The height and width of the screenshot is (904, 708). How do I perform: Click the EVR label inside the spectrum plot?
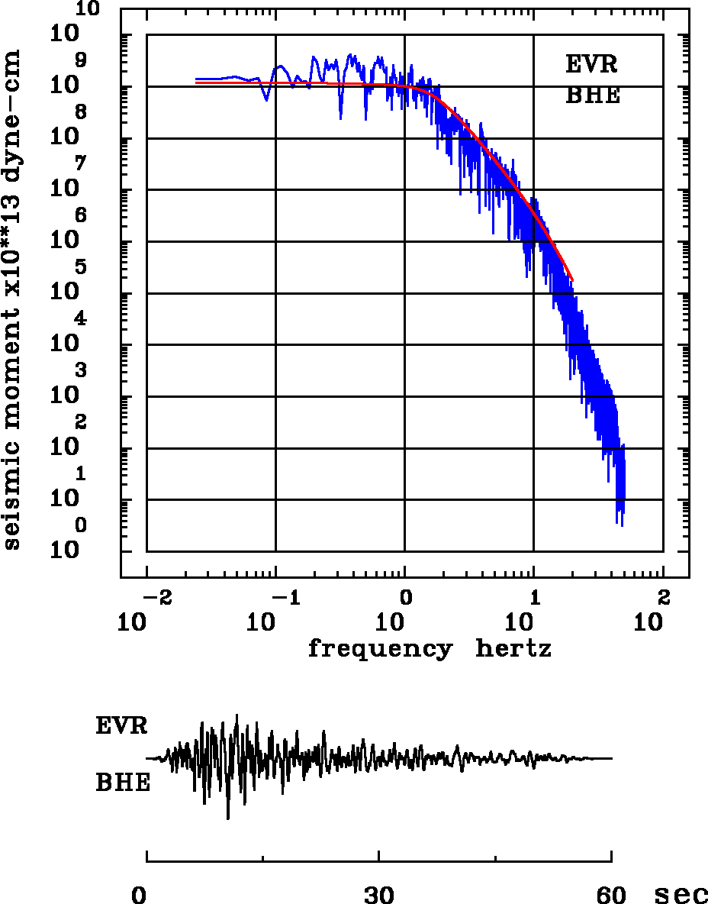[x=591, y=65]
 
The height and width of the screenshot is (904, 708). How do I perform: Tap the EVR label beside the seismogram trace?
[x=121, y=726]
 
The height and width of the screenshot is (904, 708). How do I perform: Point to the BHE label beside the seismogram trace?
[x=123, y=783]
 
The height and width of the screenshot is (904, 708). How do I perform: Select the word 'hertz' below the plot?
[x=513, y=650]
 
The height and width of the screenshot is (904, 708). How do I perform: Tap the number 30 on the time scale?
[x=379, y=895]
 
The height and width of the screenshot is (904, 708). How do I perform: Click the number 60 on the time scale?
[x=612, y=895]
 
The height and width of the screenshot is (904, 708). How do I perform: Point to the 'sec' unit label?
[x=681, y=895]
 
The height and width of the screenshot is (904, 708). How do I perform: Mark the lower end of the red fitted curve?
[x=571, y=279]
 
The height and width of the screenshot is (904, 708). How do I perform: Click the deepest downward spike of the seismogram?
[x=227, y=818]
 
